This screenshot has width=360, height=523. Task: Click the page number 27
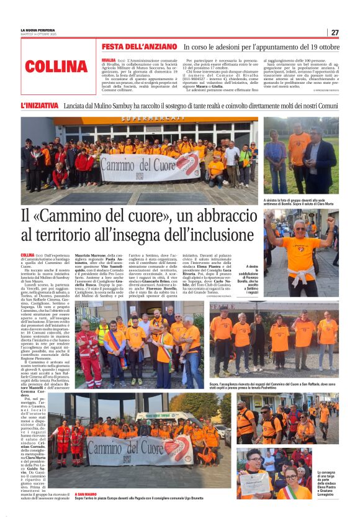coord(335,32)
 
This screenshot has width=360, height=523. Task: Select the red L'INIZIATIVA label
coord(40,106)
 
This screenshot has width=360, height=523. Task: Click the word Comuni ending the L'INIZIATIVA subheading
coord(325,106)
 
